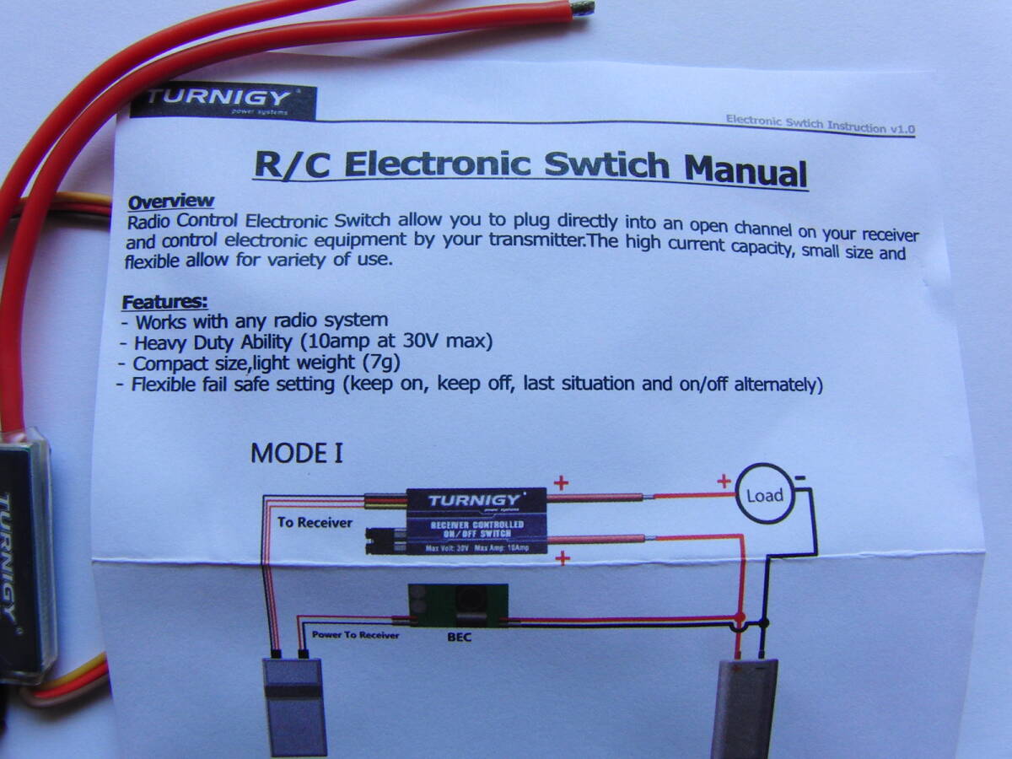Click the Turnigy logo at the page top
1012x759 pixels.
tap(223, 100)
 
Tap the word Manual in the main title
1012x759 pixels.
tap(746, 172)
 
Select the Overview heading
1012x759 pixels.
tap(170, 202)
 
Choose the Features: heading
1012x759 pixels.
tap(165, 302)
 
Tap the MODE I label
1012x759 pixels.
tap(296, 454)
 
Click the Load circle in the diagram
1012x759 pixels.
tap(764, 495)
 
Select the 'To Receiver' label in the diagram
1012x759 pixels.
tap(315, 523)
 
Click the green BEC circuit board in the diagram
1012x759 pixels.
tap(457, 606)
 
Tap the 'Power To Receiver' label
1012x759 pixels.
tap(355, 634)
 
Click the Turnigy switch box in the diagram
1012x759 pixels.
tap(476, 520)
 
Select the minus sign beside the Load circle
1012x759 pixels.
tap(799, 478)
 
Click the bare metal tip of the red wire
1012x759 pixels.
tap(582, 8)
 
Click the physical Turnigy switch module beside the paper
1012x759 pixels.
tap(25, 557)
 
